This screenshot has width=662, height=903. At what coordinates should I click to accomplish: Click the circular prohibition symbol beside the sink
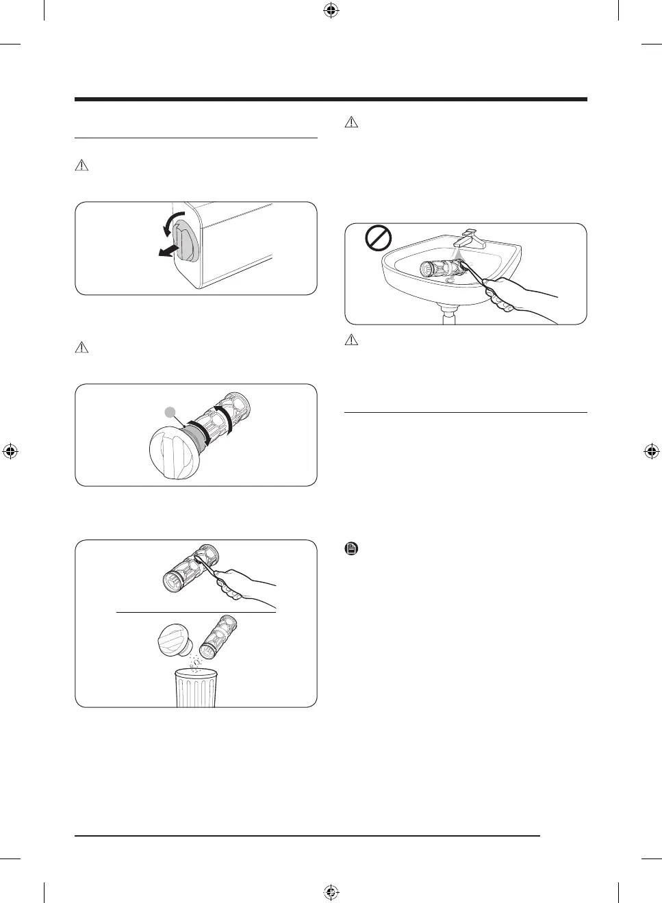(x=377, y=239)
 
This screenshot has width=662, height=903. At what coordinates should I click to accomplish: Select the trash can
(x=196, y=687)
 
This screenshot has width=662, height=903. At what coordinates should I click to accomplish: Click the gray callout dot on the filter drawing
(x=170, y=411)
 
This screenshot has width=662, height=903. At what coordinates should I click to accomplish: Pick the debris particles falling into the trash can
(x=196, y=663)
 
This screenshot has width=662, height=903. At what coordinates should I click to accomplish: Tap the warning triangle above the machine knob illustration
(x=81, y=165)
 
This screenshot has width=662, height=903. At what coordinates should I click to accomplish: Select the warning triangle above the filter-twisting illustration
(x=81, y=347)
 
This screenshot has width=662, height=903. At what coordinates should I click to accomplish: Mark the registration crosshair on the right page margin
(x=651, y=451)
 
